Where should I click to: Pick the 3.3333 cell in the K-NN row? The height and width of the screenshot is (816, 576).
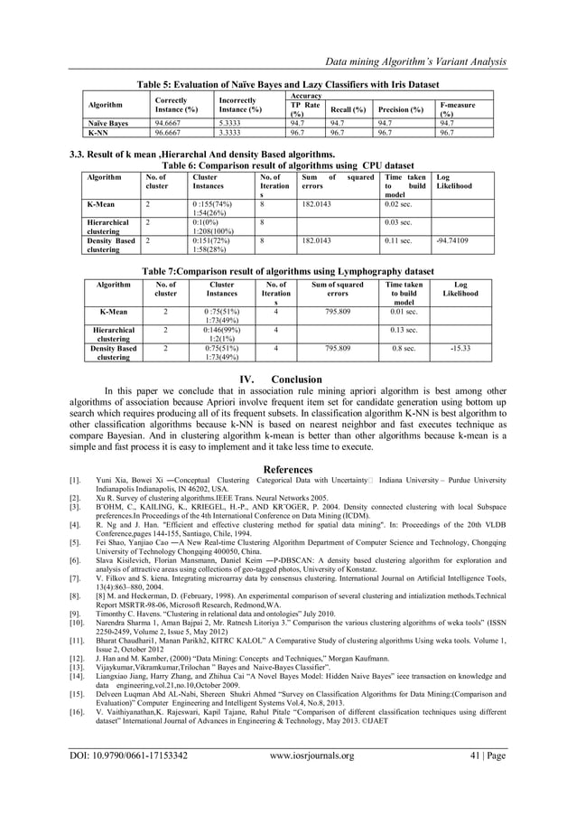pos(234,130)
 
